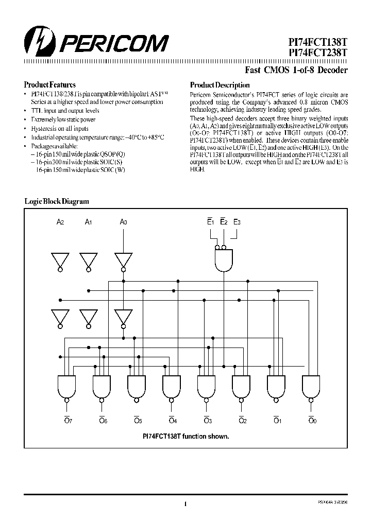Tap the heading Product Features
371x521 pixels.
pos(49,84)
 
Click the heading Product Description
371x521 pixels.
pos(220,85)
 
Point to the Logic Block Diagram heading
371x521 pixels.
pos(57,202)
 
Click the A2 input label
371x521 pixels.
pos(60,222)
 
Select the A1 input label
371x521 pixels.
pos(89,222)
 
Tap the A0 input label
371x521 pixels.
pos(123,222)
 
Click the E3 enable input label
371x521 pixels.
pos(237,222)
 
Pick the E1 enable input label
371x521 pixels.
pos(210,222)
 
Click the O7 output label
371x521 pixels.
pos(68,421)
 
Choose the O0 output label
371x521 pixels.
pos(312,421)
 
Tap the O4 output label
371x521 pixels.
pos(173,421)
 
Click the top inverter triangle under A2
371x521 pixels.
pos(60,259)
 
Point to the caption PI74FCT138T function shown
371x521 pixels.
pos(185,436)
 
